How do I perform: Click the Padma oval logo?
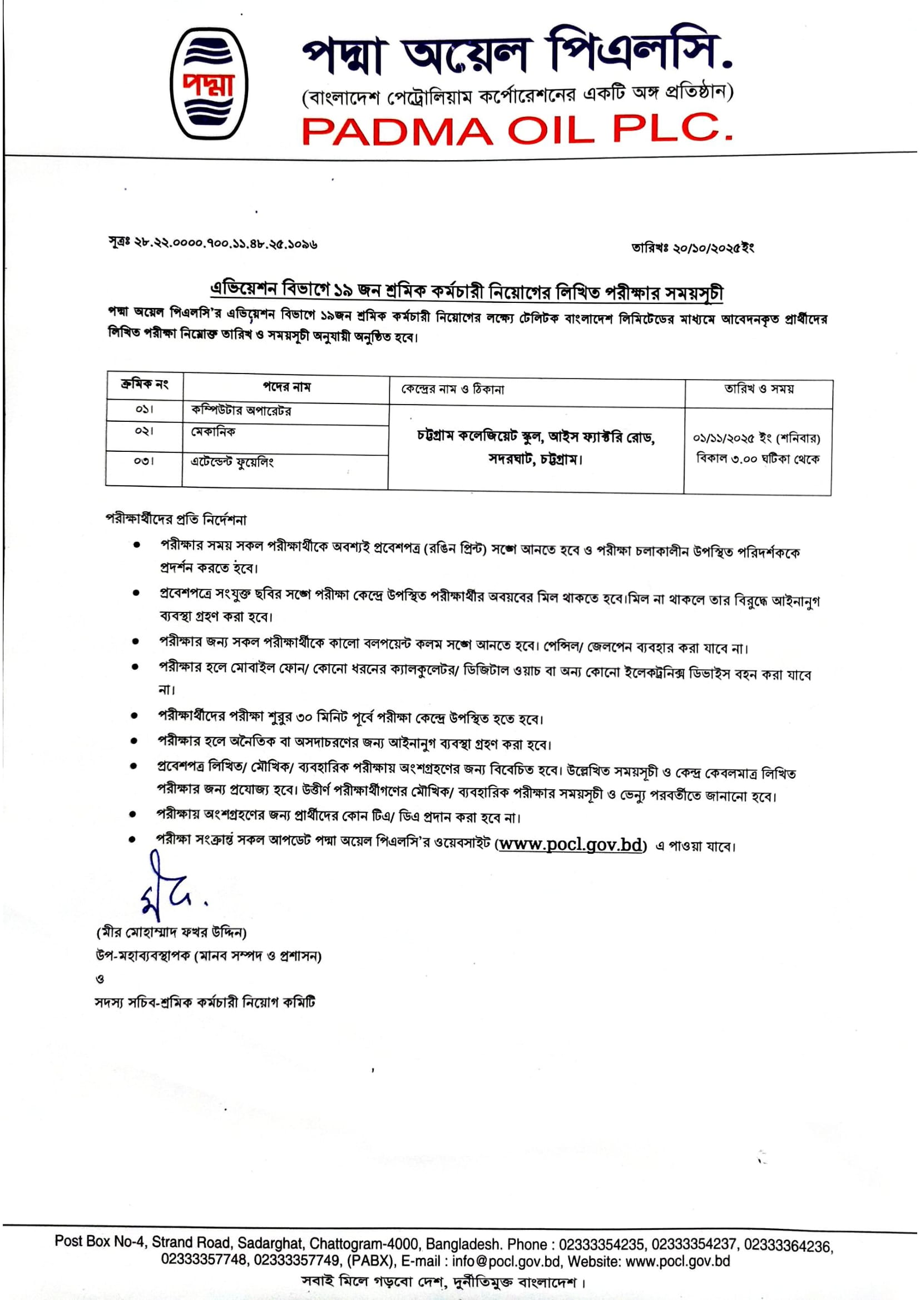[209, 84]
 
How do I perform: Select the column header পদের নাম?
[286, 387]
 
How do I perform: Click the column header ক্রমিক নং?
[145, 385]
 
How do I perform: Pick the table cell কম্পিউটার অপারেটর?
[241, 411]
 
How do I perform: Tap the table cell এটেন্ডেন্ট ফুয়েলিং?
[233, 462]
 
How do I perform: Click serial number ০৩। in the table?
[144, 461]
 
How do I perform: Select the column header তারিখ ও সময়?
[759, 389]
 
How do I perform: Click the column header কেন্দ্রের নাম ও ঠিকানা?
[453, 390]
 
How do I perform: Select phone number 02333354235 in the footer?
[601, 1244]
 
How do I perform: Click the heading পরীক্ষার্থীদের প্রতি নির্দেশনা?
[176, 519]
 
